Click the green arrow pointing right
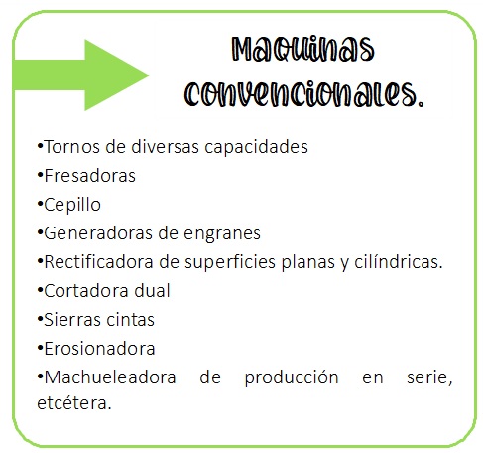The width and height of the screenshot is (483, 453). coord(82,75)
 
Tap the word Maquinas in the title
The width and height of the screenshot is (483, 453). coord(302,50)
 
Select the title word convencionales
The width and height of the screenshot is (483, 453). coord(303,94)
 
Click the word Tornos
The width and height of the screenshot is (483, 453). coord(71,147)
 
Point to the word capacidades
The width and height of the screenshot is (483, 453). coord(256,147)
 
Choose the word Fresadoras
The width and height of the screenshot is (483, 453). coord(89,176)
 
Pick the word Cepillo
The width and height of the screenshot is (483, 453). coord(72,205)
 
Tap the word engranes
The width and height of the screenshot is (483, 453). coord(222,233)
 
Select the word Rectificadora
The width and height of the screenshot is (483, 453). coord(98,262)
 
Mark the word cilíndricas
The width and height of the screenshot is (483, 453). coord(399,262)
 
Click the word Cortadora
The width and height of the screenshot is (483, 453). coord(86,291)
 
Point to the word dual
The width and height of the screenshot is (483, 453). coord(152,291)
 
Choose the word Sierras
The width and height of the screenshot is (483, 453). coord(69,320)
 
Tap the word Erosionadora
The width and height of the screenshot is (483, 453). coord(99,349)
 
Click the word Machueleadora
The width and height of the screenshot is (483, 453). coord(110,377)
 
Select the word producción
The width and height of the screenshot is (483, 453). coord(292,377)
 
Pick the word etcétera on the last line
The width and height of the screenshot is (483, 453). coord(74,403)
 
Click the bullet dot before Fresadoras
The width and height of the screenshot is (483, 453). coord(40,174)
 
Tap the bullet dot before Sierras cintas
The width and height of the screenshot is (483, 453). coord(40,318)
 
